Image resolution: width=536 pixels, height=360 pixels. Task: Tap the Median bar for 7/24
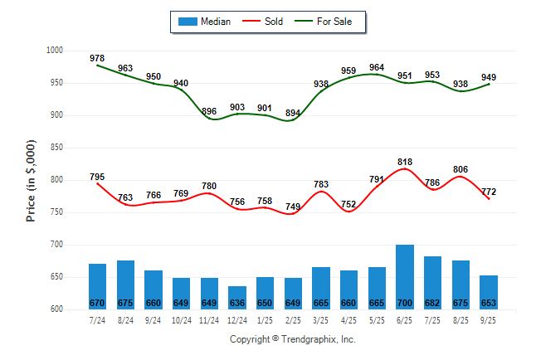click(x=97, y=287)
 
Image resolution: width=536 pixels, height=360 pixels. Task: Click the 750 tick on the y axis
click(x=56, y=212)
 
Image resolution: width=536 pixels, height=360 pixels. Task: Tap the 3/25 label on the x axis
click(x=320, y=319)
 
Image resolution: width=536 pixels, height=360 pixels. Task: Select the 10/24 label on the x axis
click(x=181, y=319)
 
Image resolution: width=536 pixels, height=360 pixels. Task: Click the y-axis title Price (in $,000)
click(x=31, y=180)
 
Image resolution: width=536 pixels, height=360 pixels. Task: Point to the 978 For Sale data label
click(x=97, y=58)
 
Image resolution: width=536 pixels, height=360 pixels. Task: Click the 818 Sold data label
click(x=405, y=163)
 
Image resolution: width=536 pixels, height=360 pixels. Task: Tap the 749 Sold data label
click(x=293, y=207)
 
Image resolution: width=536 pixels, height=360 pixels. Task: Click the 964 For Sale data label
click(x=377, y=68)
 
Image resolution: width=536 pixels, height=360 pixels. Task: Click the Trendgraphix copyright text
click(x=292, y=339)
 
